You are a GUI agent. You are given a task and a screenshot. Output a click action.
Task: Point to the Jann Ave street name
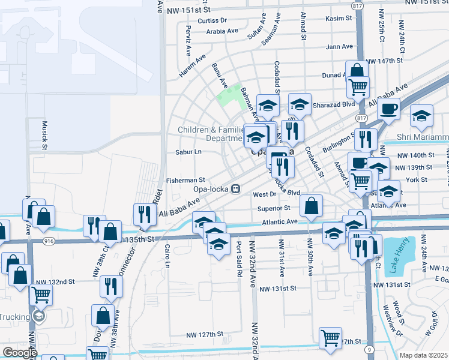click(x=340, y=47)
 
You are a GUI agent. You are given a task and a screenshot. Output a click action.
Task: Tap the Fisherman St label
click(x=185, y=180)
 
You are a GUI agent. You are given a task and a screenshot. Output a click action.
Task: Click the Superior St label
click(x=274, y=208)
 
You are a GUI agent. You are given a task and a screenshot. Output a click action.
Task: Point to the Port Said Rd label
click(x=239, y=259)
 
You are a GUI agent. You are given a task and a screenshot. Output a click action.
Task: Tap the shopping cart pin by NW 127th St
click(x=330, y=337)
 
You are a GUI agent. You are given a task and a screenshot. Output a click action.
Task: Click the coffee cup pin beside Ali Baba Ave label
click(x=389, y=109)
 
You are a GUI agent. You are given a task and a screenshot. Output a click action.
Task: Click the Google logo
click(x=19, y=352)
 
